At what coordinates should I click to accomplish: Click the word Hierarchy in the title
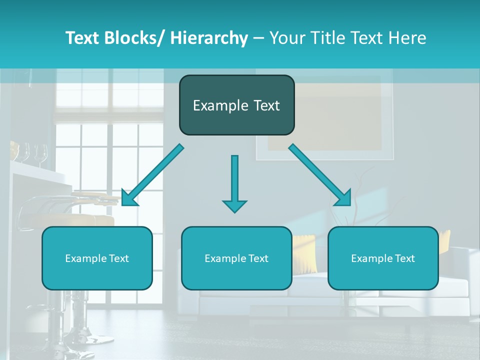[209, 38]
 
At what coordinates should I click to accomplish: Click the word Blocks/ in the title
[134, 38]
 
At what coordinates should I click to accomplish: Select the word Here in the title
[407, 38]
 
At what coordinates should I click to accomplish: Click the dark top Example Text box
[236, 105]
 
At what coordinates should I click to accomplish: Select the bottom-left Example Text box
[97, 258]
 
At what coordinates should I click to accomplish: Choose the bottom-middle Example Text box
[236, 258]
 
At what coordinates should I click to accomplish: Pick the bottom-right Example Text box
[383, 258]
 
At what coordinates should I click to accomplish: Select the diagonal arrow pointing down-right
[320, 175]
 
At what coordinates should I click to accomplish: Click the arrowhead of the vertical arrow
[234, 206]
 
